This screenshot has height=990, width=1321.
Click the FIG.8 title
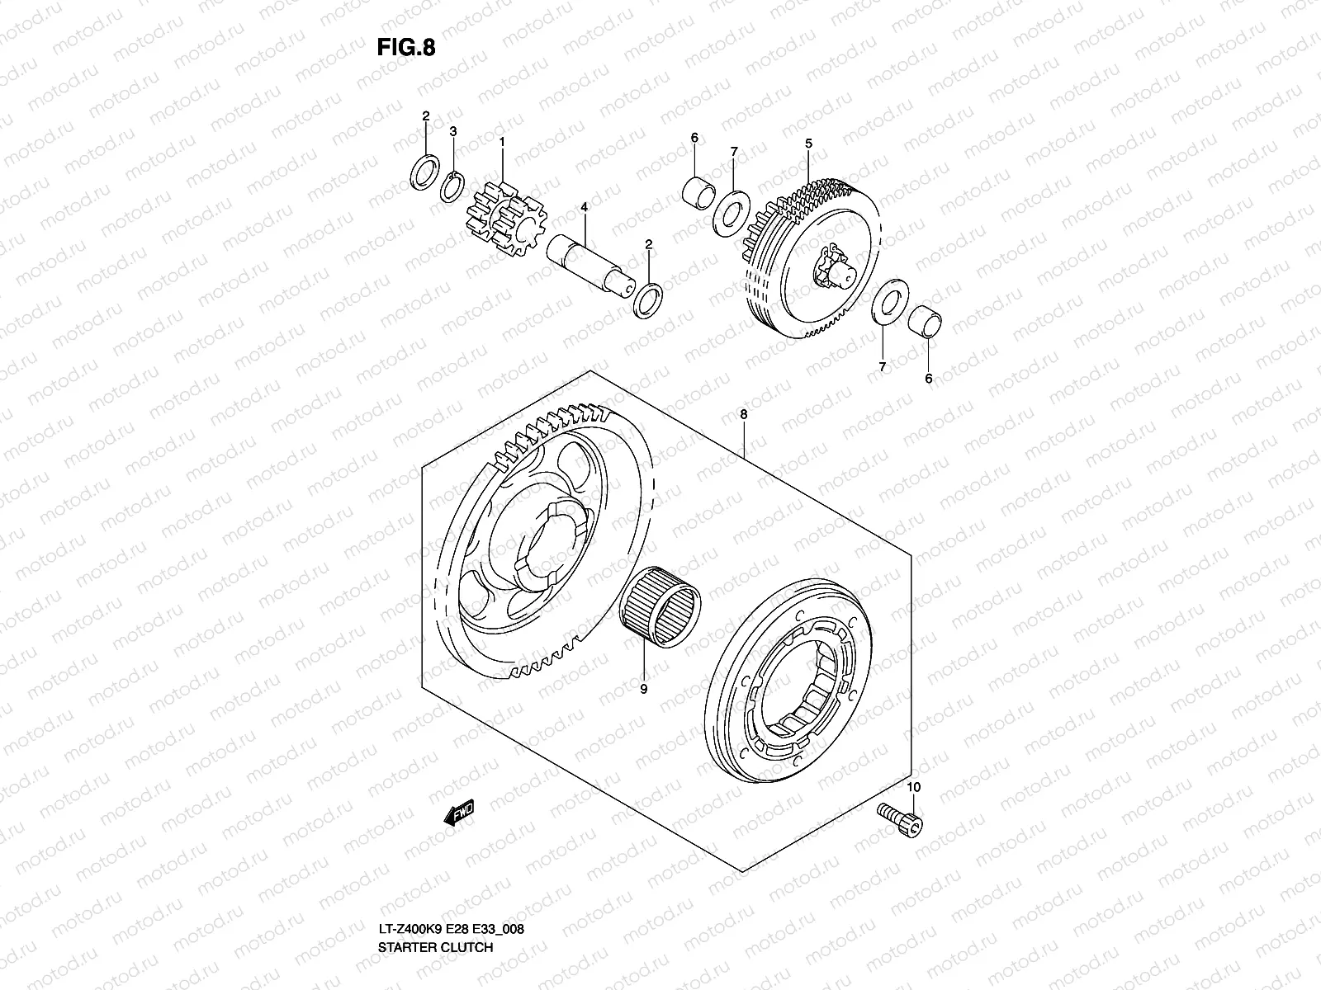pyautogui.click(x=405, y=48)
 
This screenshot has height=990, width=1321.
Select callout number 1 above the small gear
pyautogui.click(x=524, y=143)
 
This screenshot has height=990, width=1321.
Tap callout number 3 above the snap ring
pyautogui.click(x=453, y=131)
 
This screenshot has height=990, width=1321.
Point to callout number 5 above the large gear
pyautogui.click(x=809, y=144)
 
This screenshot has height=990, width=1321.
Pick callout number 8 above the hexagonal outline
pyautogui.click(x=743, y=416)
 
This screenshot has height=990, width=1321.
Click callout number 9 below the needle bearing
pyautogui.click(x=643, y=688)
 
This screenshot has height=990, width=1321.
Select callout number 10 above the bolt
pyautogui.click(x=912, y=788)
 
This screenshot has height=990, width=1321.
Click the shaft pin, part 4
pyautogui.click(x=591, y=264)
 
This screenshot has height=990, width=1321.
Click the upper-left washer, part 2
pyautogui.click(x=424, y=172)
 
